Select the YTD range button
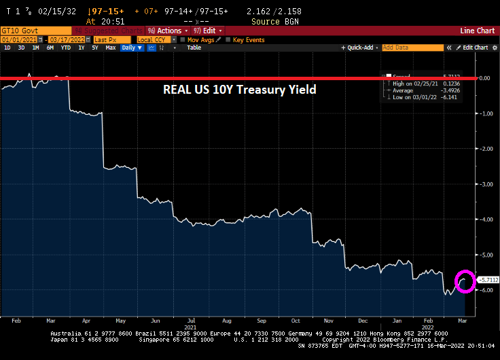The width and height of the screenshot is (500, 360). click(x=65, y=48)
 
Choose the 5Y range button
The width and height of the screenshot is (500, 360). click(x=94, y=48)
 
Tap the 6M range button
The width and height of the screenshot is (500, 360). click(x=49, y=48)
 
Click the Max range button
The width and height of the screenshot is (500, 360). click(x=110, y=48)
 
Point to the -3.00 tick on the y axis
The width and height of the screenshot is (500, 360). click(x=485, y=183)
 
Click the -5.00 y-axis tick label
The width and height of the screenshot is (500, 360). click(x=485, y=254)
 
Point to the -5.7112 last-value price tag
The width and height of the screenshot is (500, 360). click(x=488, y=279)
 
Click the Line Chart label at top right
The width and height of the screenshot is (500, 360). click(x=477, y=31)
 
